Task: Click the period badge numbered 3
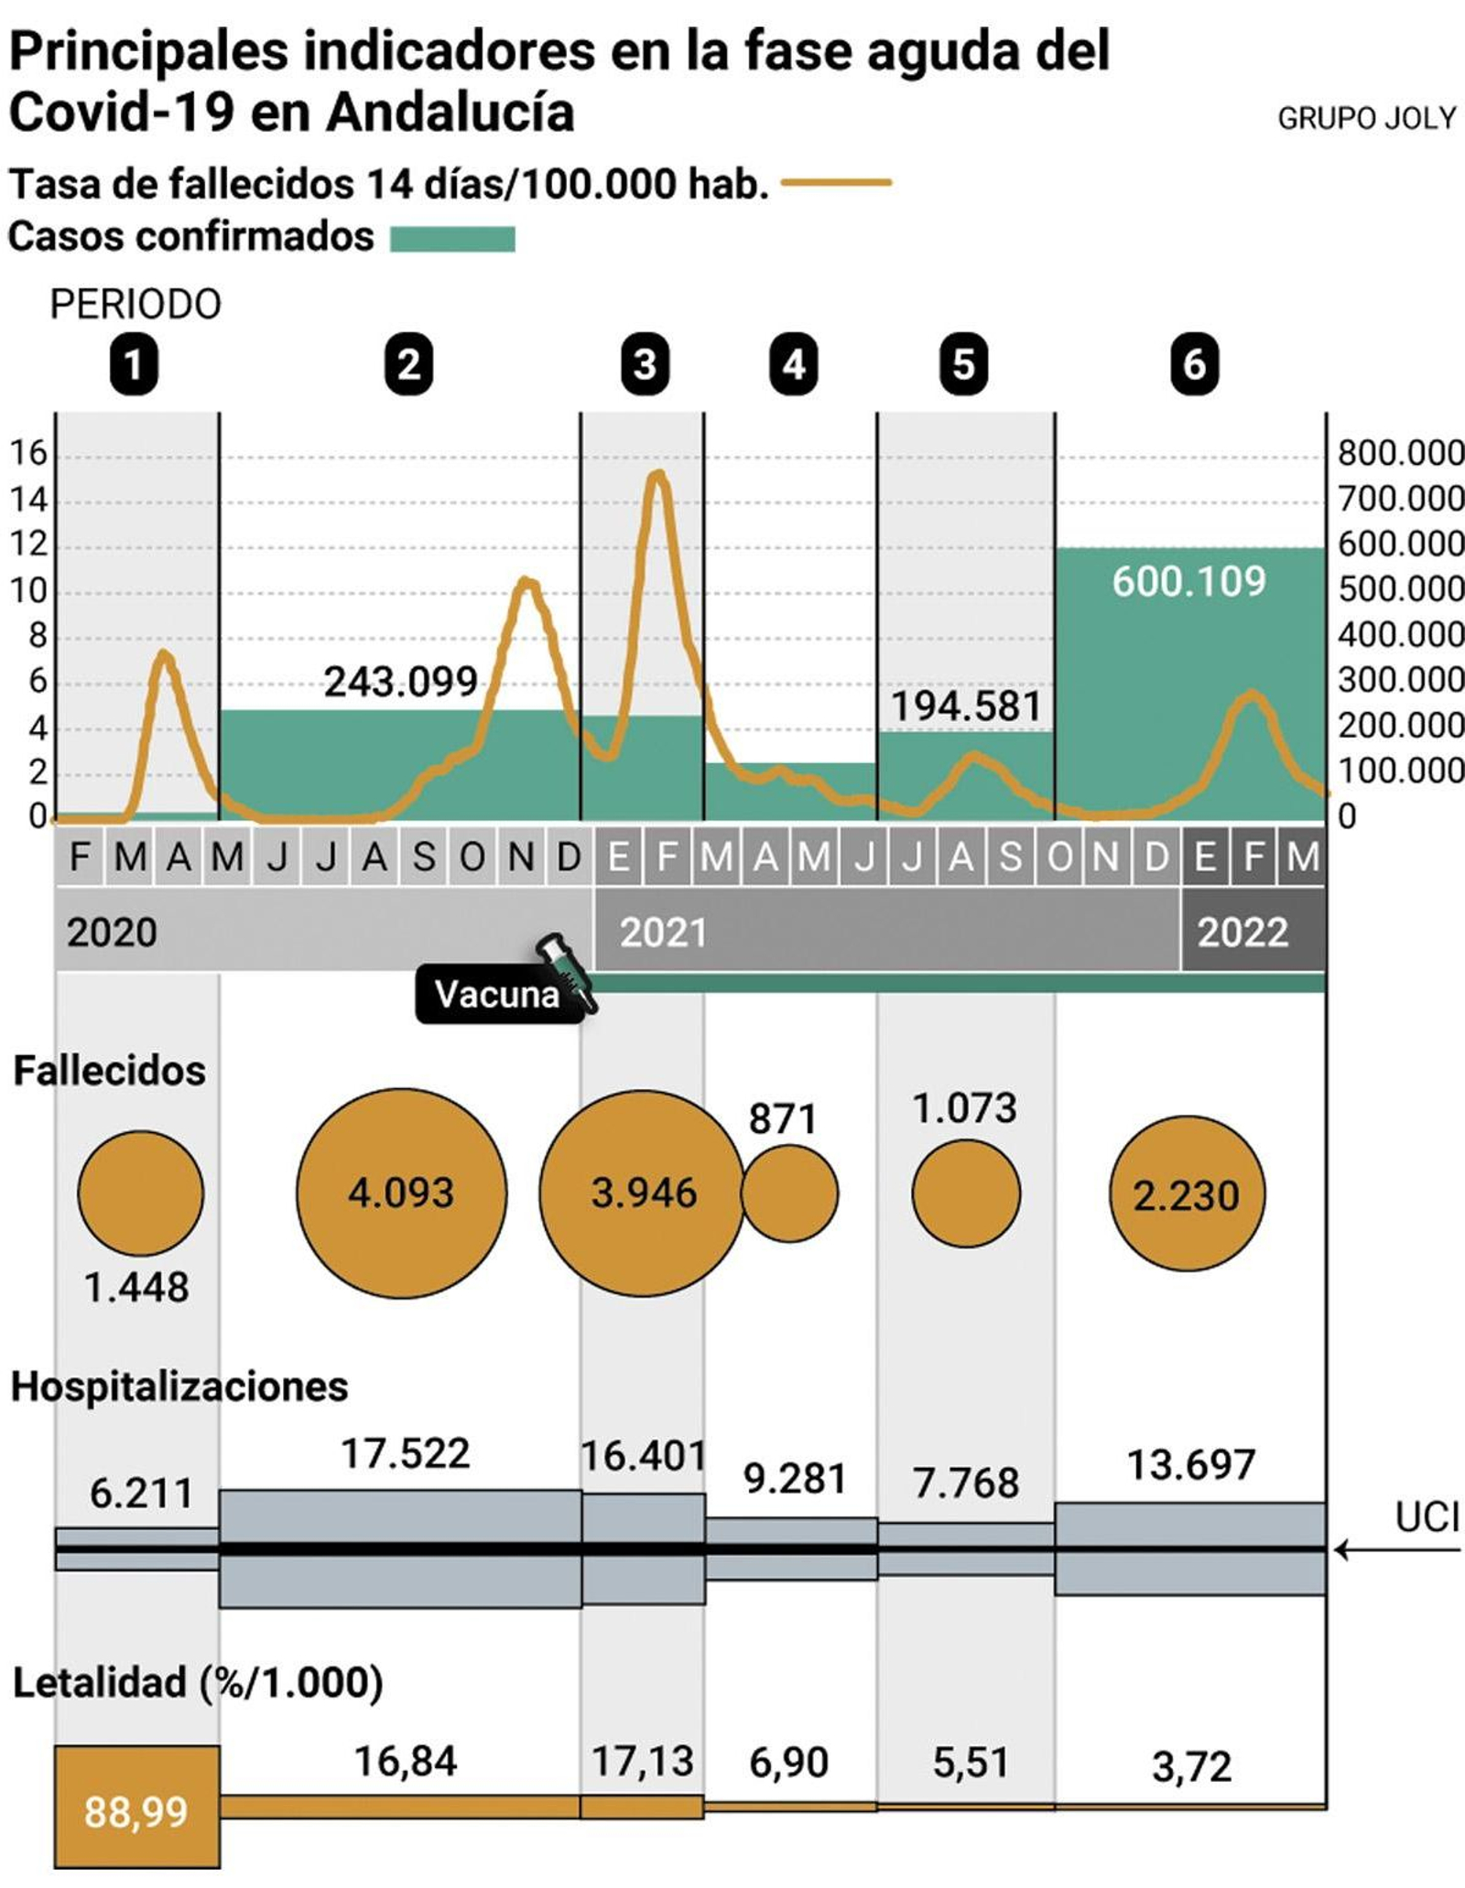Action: tap(645, 364)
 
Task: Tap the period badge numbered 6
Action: tap(1194, 364)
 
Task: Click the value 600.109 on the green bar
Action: tap(1188, 581)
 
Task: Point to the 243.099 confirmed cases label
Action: tap(400, 682)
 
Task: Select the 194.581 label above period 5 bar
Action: tap(966, 707)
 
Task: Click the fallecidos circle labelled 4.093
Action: tap(401, 1192)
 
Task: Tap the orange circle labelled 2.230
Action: tap(1187, 1193)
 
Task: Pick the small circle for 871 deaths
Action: tap(789, 1193)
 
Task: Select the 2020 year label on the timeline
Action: tap(112, 933)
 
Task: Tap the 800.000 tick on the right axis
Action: tap(1400, 453)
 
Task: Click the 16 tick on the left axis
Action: tap(27, 453)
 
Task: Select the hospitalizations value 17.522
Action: tap(405, 1453)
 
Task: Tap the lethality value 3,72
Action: tap(1190, 1767)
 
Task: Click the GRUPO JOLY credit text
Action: tap(1365, 118)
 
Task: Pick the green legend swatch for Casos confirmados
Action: tap(452, 239)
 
